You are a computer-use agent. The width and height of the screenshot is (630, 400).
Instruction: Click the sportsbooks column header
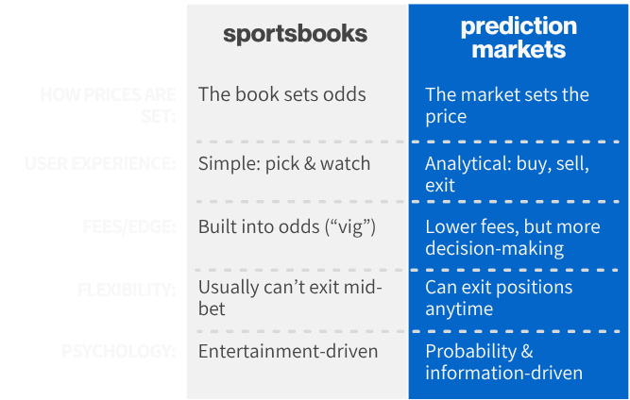(x=295, y=35)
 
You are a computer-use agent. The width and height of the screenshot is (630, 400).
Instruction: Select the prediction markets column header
(x=518, y=38)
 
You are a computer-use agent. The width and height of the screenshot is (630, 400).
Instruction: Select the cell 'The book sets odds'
(x=281, y=94)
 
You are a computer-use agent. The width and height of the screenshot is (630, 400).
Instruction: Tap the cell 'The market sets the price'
(x=506, y=106)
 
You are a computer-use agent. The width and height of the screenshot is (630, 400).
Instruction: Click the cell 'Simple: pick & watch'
(x=283, y=164)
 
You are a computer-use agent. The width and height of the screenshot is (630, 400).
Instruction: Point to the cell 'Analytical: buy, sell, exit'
(x=506, y=174)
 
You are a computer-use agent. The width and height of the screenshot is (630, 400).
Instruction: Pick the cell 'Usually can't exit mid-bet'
(x=289, y=296)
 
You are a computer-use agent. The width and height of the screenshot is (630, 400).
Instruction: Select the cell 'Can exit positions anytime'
(x=499, y=297)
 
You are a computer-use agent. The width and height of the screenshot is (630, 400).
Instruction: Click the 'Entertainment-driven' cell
(x=287, y=352)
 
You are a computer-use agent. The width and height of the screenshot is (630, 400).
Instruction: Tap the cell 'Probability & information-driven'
(x=503, y=362)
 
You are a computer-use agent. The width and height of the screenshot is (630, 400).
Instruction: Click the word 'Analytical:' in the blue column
(x=467, y=163)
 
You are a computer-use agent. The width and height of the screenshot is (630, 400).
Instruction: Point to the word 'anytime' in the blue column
(x=460, y=308)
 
